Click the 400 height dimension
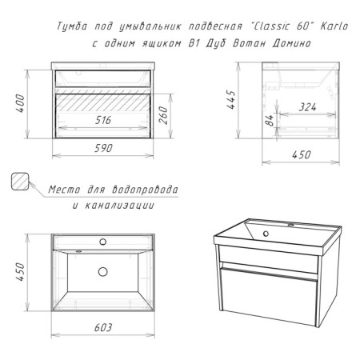[x=20, y=104]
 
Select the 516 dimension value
[x=103, y=120]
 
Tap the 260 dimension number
[x=163, y=115]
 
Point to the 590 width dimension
[x=103, y=148]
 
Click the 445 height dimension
[x=231, y=100]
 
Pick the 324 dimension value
[x=307, y=107]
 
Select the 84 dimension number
[x=270, y=121]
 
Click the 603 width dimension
[x=103, y=327]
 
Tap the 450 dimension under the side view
[x=302, y=154]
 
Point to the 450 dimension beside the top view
[x=20, y=271]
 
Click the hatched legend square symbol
[x=20, y=182]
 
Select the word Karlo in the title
[x=334, y=26]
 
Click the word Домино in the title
[x=292, y=43]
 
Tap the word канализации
[x=120, y=206]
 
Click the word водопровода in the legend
[x=145, y=190]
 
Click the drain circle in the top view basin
[x=102, y=272]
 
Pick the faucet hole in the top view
[x=102, y=242]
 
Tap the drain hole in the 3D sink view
[x=266, y=234]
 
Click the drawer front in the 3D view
[x=268, y=297]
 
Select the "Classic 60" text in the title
[x=282, y=26]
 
